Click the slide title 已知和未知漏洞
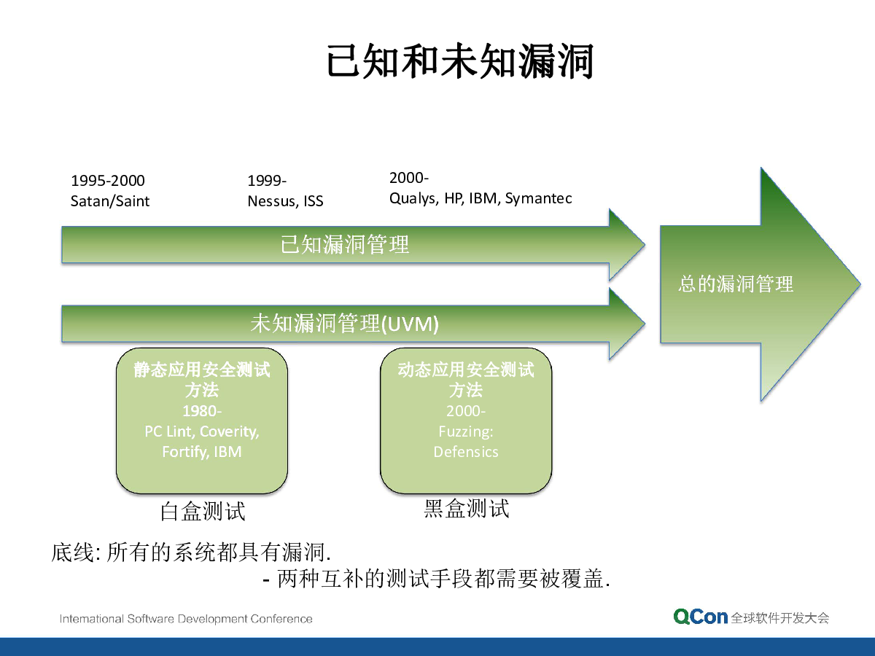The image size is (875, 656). (x=460, y=61)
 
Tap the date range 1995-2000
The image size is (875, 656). (x=108, y=181)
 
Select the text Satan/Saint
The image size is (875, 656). (x=110, y=201)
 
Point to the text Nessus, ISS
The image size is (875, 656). (x=285, y=201)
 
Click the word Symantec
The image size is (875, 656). (x=539, y=198)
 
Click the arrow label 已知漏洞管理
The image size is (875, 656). (x=345, y=244)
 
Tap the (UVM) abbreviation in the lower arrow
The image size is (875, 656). (x=411, y=324)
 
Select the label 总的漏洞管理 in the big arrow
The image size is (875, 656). (x=736, y=284)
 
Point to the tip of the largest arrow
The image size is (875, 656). (x=860, y=284)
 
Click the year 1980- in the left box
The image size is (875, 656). (x=202, y=410)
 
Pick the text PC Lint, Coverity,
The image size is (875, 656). (x=202, y=432)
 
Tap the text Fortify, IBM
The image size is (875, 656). (x=202, y=452)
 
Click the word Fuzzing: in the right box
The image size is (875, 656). (x=466, y=432)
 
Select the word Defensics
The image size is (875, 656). (x=466, y=452)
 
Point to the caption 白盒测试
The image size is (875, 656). (x=203, y=511)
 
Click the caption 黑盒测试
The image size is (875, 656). (x=467, y=509)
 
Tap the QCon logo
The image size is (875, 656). (x=701, y=617)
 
